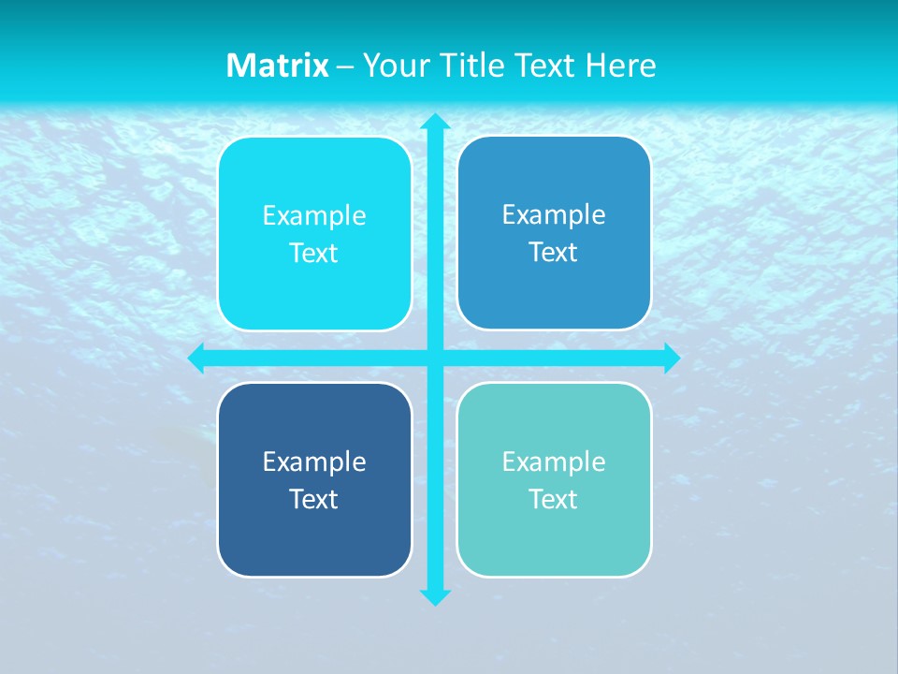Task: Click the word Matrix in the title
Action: tap(277, 66)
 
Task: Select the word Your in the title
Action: tap(393, 66)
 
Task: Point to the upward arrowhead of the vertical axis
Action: tap(434, 122)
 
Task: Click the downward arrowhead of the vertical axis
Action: tap(434, 596)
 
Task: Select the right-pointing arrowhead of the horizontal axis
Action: tap(671, 358)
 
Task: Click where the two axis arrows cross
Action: tap(434, 358)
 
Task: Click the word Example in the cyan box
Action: tap(314, 216)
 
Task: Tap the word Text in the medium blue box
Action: tap(554, 253)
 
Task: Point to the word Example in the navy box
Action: tap(314, 462)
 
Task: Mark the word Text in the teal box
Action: tap(554, 500)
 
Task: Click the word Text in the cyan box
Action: tap(314, 254)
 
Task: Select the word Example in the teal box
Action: tap(554, 462)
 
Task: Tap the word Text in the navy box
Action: tap(314, 500)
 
